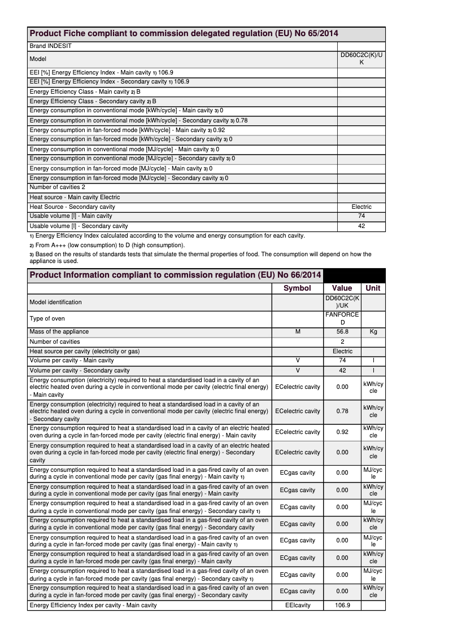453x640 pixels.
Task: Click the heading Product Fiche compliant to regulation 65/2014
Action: point(184,34)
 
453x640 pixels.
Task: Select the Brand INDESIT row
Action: point(50,46)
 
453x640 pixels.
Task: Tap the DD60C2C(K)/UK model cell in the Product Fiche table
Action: point(361,59)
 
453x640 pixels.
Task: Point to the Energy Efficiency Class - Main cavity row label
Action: point(85,91)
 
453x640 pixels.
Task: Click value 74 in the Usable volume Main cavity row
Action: point(361,216)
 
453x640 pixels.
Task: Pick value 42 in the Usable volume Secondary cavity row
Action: point(361,226)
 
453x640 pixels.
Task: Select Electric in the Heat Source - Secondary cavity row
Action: point(361,207)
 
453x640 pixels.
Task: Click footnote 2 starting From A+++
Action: point(107,246)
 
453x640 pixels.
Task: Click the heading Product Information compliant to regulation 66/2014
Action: point(175,275)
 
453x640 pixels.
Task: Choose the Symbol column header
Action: point(297,288)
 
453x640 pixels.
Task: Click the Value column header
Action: point(342,288)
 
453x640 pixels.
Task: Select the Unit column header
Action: point(373,288)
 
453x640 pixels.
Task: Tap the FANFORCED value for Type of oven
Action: point(342,318)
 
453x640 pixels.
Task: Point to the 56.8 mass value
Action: point(342,332)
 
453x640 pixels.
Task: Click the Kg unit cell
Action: point(373,332)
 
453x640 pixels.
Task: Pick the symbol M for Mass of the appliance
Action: point(297,332)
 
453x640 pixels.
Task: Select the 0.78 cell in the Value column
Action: point(342,411)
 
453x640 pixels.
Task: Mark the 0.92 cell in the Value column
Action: point(342,432)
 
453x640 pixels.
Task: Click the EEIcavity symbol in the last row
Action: point(297,606)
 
